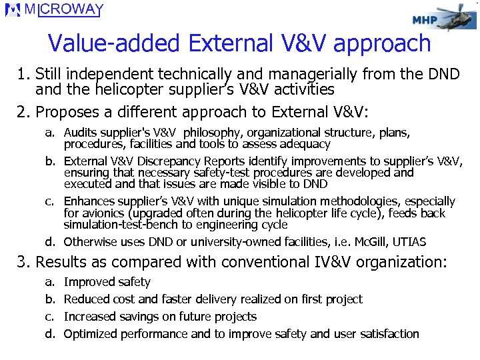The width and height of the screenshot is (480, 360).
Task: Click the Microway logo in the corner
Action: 54,10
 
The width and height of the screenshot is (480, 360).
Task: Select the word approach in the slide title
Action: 382,45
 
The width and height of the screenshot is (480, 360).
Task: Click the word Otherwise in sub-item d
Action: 91,242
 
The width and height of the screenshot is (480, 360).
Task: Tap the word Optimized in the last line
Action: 90,334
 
